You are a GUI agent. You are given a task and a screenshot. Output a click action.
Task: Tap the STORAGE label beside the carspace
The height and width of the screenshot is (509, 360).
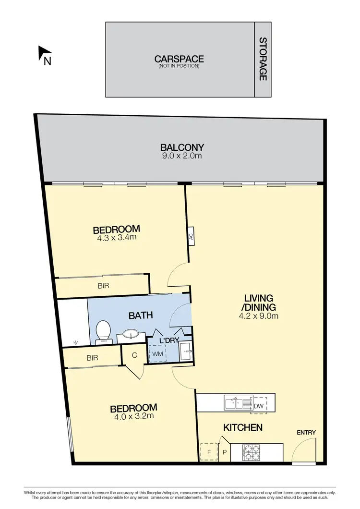point(263,59)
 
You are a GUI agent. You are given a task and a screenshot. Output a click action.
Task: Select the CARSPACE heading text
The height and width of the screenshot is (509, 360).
point(179,59)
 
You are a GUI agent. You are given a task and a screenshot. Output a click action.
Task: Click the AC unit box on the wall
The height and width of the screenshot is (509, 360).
point(191,236)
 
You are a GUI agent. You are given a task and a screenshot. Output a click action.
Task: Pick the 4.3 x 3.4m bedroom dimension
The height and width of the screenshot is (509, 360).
point(117,237)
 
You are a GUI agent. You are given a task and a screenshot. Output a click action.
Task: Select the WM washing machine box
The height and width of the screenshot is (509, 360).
point(157,354)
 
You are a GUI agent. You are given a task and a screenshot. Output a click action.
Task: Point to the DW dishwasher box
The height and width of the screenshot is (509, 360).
point(259,406)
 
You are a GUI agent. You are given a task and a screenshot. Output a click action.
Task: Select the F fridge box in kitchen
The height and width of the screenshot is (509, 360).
point(209,452)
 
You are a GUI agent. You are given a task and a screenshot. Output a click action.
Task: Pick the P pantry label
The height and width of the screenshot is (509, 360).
point(224,452)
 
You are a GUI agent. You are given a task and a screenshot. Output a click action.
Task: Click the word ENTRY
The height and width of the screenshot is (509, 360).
point(306,433)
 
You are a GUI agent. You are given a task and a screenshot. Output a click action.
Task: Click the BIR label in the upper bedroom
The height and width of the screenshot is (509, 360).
point(104,286)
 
